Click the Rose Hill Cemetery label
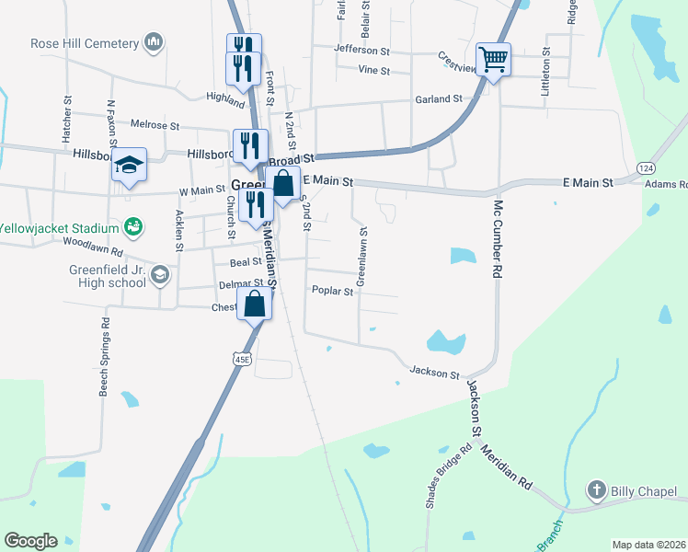tap(85, 43)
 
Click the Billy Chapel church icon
tap(597, 490)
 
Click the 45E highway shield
tap(241, 359)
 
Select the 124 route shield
tap(647, 168)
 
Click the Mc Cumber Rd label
tap(498, 239)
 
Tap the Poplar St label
tap(332, 292)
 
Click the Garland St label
tap(437, 98)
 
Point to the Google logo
tap(31, 541)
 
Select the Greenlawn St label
tap(361, 256)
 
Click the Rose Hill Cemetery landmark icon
tap(154, 42)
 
